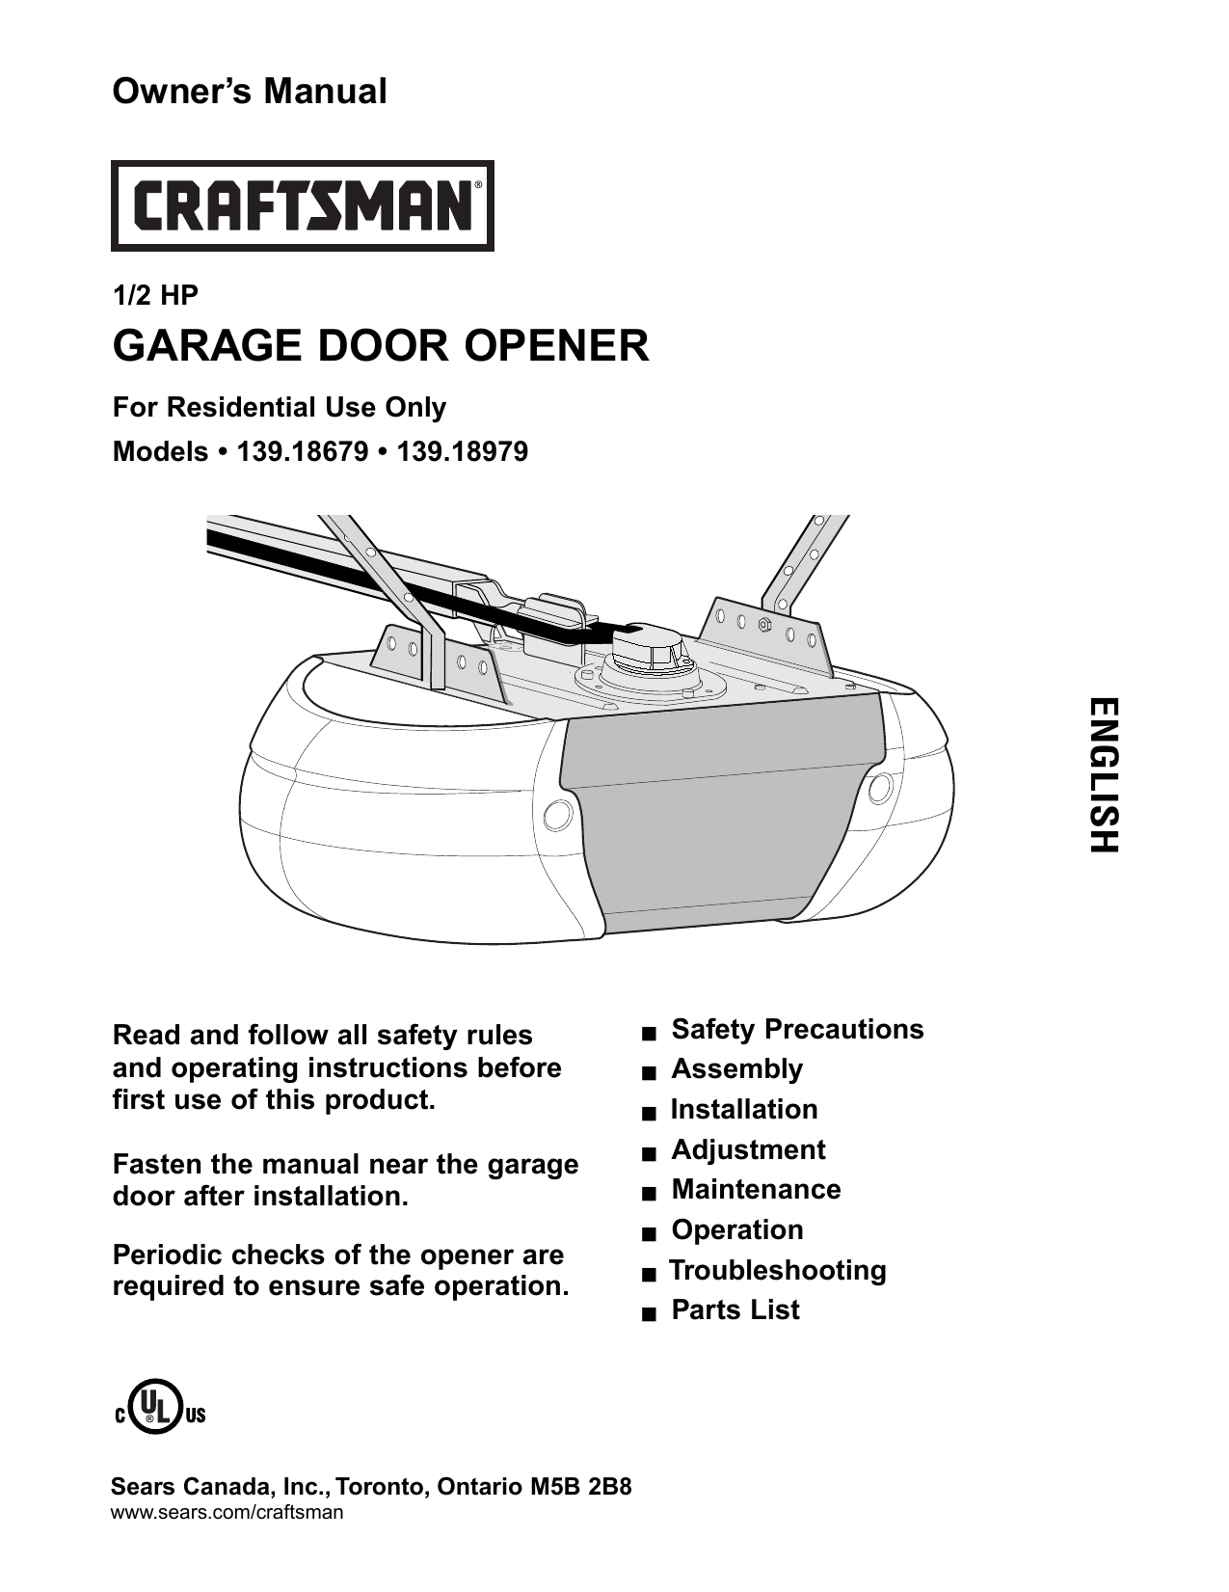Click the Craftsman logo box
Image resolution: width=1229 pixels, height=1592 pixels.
point(302,205)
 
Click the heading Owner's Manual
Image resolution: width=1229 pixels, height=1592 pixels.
point(250,92)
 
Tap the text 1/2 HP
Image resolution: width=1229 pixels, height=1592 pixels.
point(155,296)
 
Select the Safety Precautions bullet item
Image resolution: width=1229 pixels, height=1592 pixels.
point(796,1029)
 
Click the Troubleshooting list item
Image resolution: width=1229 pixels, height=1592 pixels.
point(777,1270)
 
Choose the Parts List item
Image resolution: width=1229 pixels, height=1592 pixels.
point(735,1309)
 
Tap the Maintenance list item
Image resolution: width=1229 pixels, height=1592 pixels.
point(756,1189)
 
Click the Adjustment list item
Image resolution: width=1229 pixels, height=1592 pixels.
point(748,1149)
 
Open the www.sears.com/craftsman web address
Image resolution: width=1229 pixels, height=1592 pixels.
point(227,1512)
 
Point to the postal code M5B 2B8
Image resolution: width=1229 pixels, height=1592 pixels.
point(581,1486)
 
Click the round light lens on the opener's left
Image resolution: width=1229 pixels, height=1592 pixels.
point(556,815)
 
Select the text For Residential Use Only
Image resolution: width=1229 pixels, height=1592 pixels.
point(280,407)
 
